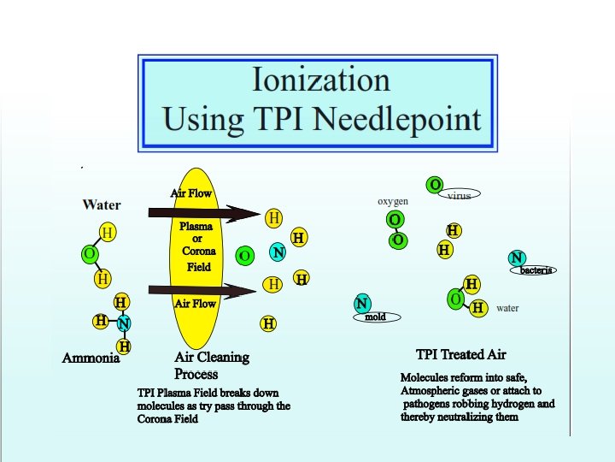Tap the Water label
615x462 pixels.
(102, 204)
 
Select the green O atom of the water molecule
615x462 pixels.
(89, 254)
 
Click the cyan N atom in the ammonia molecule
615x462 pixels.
(124, 323)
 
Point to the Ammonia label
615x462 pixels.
(91, 358)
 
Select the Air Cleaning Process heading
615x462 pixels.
(211, 365)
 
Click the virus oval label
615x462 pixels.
(459, 195)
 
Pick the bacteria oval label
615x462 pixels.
(537, 270)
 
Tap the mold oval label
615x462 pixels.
(375, 317)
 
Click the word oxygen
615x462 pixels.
(393, 201)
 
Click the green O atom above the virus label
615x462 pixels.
(435, 185)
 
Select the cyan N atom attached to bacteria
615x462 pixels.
(516, 258)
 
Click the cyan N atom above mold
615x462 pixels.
(362, 303)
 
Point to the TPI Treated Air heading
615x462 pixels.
(461, 354)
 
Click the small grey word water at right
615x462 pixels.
(507, 308)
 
